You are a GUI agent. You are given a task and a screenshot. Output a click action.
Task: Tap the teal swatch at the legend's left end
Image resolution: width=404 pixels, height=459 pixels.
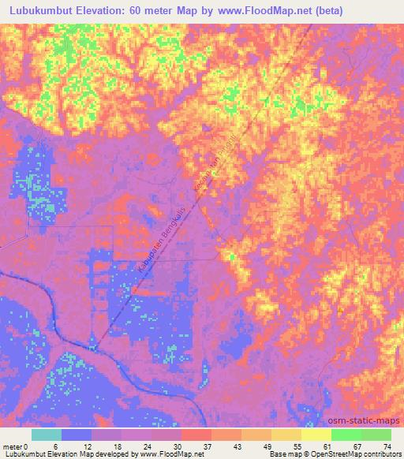[47, 435]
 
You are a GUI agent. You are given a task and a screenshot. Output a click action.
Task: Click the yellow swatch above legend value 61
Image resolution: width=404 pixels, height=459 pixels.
[316, 435]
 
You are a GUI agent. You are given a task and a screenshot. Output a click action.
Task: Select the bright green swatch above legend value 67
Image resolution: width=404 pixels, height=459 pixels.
[346, 435]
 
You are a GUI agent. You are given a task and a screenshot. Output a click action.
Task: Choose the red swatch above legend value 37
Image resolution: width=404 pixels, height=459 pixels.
[196, 435]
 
